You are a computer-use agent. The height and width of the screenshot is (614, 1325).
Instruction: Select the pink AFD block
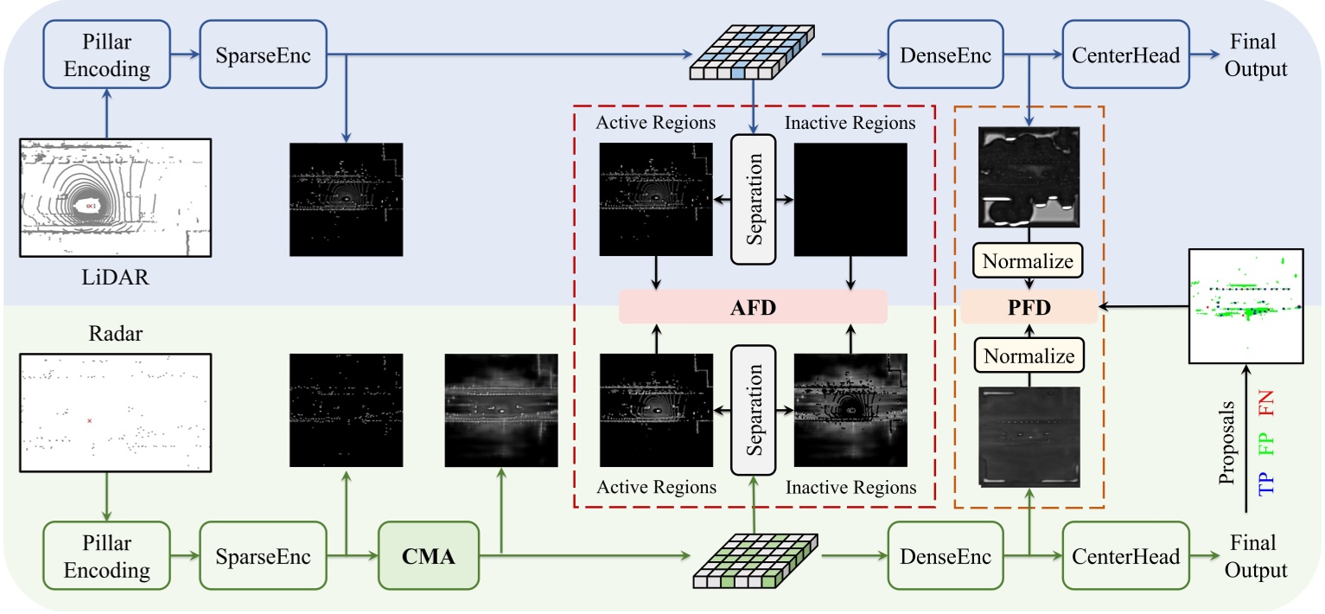tap(753, 306)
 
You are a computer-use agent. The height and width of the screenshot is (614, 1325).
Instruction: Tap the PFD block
tap(1029, 306)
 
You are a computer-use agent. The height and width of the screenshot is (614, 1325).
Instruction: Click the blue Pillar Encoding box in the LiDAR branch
tap(108, 55)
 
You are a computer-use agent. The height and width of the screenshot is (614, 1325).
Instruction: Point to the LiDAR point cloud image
tap(115, 197)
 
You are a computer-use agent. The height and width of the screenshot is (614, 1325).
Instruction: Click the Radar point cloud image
tap(115, 412)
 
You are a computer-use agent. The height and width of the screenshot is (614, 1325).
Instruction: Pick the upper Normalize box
tap(1029, 259)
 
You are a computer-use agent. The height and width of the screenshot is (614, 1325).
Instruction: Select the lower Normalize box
tap(1029, 356)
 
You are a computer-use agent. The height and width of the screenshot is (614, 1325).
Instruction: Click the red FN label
tap(1266, 403)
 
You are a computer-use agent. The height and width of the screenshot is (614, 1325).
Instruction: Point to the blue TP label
tap(1266, 478)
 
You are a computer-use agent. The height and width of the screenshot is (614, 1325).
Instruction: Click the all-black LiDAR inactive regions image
tap(850, 199)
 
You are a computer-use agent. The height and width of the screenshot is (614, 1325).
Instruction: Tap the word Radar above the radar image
tap(115, 333)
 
